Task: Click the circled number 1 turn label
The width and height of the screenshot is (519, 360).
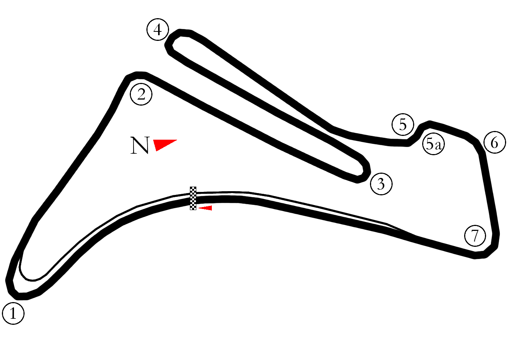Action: (x=13, y=313)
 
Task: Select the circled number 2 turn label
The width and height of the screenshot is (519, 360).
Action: (x=141, y=94)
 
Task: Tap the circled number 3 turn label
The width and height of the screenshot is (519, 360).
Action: (x=381, y=184)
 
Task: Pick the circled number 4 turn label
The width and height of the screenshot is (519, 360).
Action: (x=158, y=30)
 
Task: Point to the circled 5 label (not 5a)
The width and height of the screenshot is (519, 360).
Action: (x=403, y=125)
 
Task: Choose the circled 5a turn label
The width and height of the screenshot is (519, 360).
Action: (x=434, y=144)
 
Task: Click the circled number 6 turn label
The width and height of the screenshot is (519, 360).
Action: (x=495, y=142)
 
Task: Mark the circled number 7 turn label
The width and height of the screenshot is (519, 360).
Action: (x=475, y=235)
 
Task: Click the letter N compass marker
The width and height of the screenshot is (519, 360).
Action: (x=140, y=145)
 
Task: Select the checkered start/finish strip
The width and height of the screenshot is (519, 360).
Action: (x=193, y=198)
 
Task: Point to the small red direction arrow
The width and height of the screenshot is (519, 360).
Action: (x=205, y=208)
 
